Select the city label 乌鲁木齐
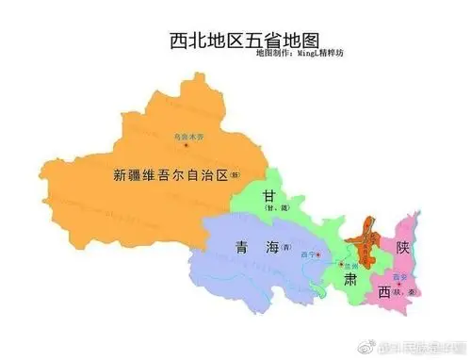coord(187,136)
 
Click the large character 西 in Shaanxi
coord(384,293)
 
